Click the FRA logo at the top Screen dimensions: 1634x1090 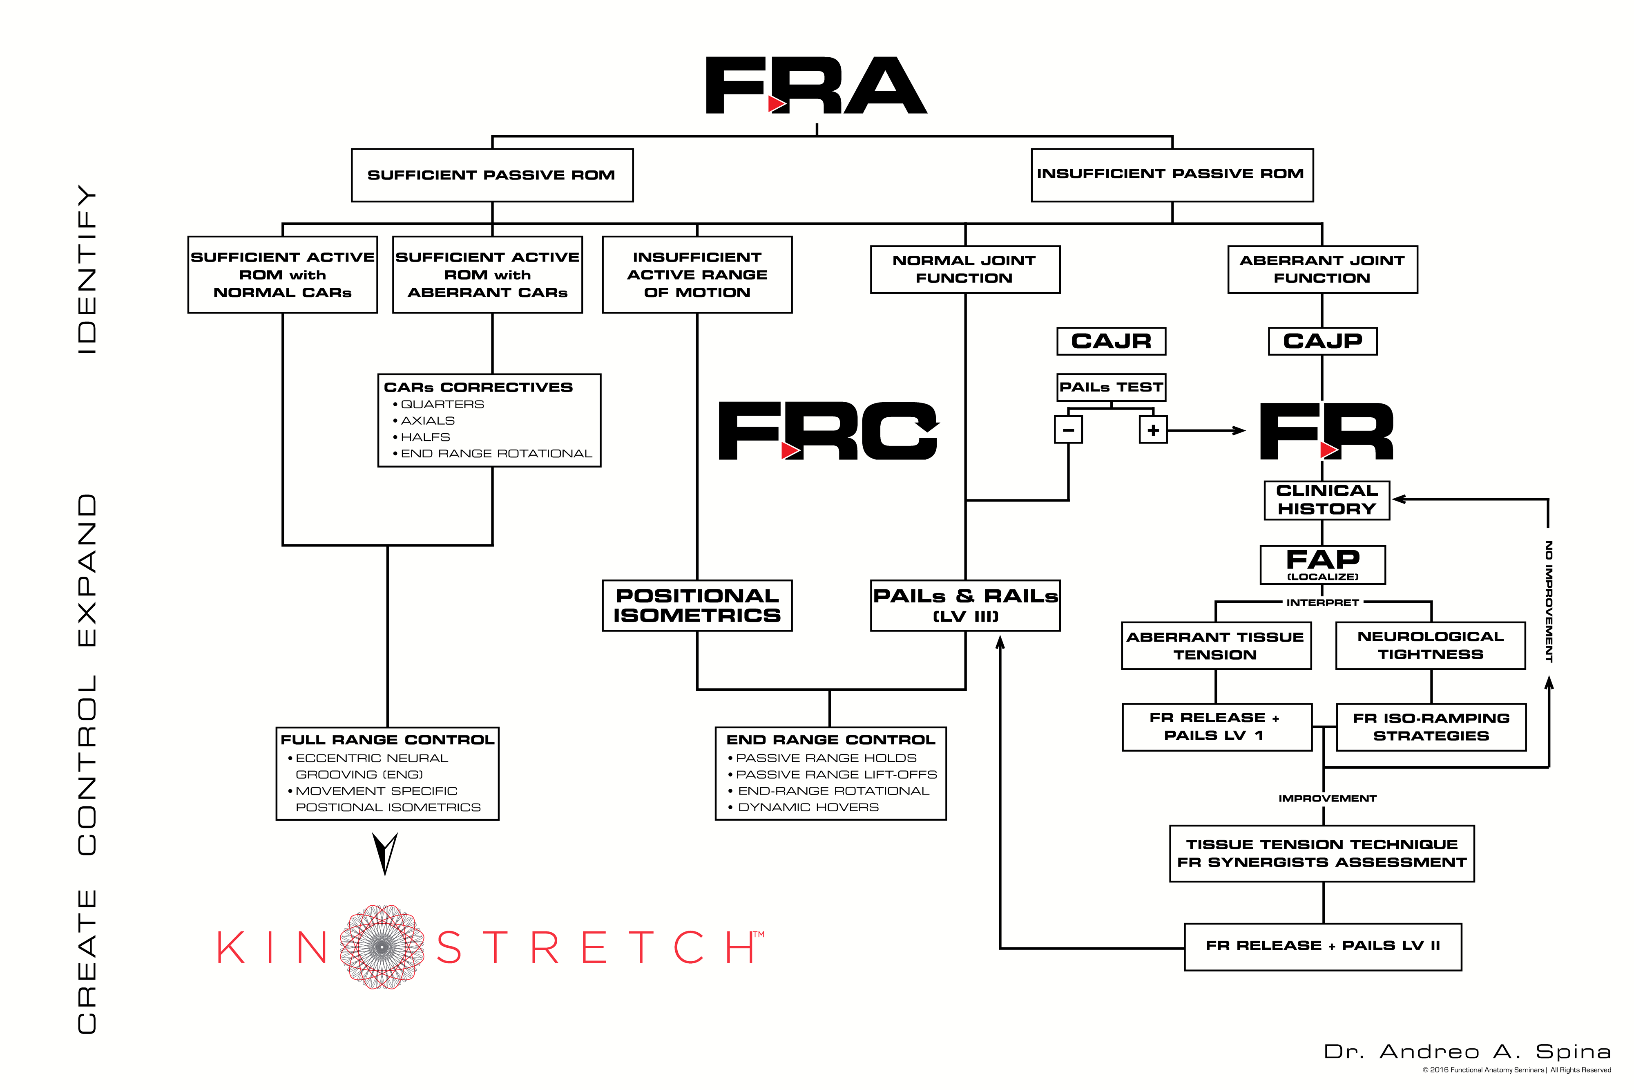coord(816,85)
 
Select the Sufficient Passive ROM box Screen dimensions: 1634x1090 coord(492,175)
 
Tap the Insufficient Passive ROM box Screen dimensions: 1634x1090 coord(1172,175)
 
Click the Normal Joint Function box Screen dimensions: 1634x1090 coord(965,269)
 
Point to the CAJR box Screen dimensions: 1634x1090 coord(1111,341)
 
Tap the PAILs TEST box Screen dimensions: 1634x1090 coord(1111,387)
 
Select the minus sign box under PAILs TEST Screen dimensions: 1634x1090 coord(1069,430)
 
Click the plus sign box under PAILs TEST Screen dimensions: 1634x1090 coord(1153,430)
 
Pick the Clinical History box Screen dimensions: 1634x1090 coord(1326,500)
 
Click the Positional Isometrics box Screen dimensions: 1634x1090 coord(697,605)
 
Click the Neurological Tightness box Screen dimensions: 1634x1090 coord(1431,646)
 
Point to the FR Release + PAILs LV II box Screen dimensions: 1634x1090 coord(1323,946)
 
